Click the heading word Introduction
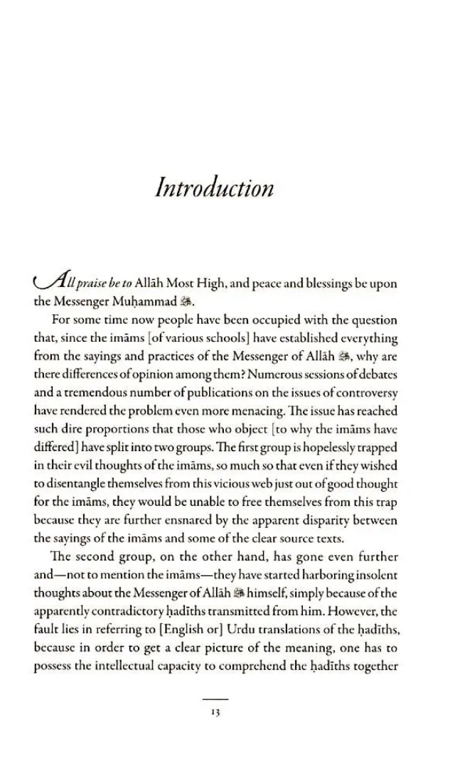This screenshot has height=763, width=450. tap(214, 189)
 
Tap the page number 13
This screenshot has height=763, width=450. tap(215, 713)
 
